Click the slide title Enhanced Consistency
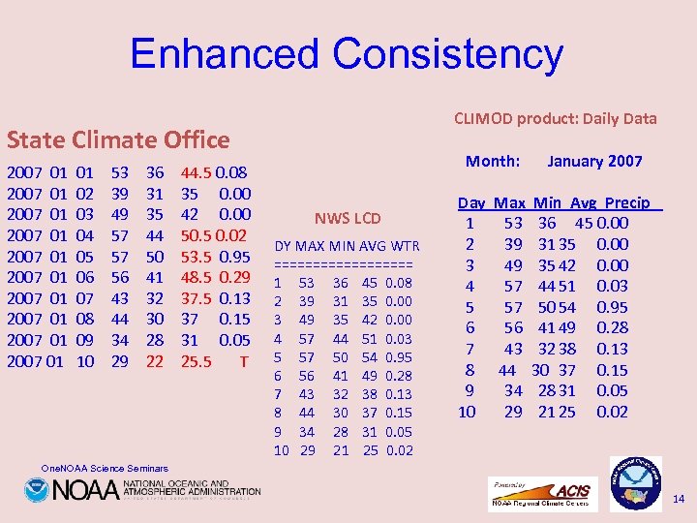(x=347, y=54)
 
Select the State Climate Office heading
(x=118, y=139)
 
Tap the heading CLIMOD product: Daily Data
(x=555, y=118)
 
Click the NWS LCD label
(x=348, y=218)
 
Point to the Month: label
(x=493, y=161)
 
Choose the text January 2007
(x=594, y=161)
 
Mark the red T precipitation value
(x=244, y=361)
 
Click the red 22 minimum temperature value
(x=155, y=361)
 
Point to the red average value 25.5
(x=197, y=361)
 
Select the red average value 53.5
(x=197, y=256)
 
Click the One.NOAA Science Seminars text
(x=105, y=469)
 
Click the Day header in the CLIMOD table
(x=471, y=202)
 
